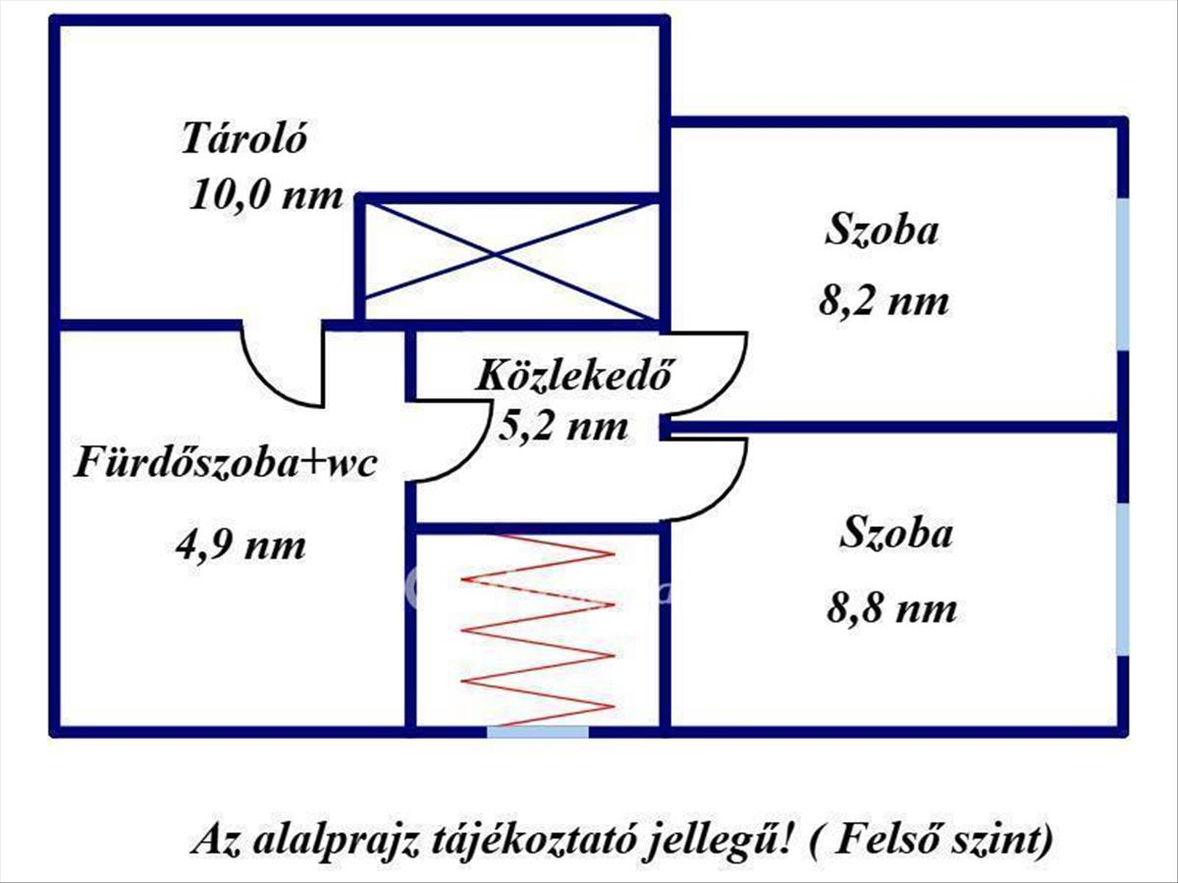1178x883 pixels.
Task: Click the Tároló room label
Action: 244,139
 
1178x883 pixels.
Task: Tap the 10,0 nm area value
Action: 266,195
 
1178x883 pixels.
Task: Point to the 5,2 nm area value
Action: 563,428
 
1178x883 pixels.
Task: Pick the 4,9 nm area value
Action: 241,546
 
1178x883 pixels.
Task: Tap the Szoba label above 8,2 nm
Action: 882,231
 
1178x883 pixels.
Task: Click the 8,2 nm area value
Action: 883,302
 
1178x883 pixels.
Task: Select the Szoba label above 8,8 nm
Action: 897,533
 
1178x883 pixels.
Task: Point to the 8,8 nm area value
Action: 892,608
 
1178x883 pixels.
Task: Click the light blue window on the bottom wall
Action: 538,731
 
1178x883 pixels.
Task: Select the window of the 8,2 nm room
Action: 1123,275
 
